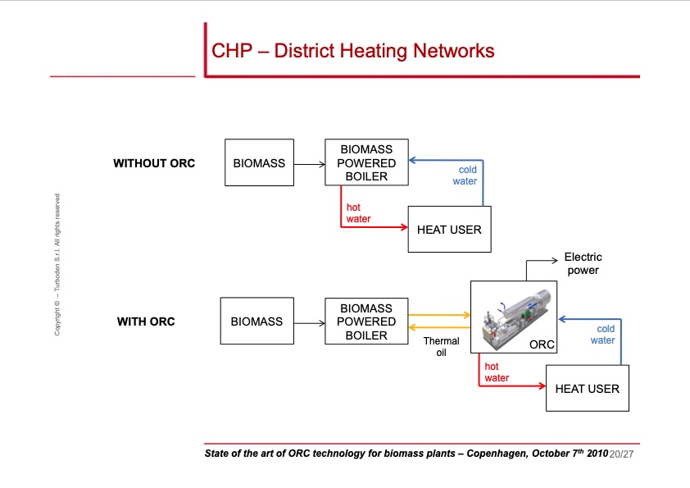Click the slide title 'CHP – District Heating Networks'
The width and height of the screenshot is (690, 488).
(352, 51)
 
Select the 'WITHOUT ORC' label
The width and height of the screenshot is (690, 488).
(154, 163)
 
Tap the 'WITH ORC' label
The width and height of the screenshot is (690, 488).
(146, 322)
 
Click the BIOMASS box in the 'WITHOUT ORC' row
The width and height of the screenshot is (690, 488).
(259, 163)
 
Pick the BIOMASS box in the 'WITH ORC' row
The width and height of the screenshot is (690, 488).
(256, 322)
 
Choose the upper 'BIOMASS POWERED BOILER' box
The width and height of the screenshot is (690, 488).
(366, 162)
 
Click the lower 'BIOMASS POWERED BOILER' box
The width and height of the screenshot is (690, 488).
(366, 322)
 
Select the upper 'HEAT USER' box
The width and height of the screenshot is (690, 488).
(449, 230)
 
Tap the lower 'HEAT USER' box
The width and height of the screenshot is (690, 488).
(587, 388)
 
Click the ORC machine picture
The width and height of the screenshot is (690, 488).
(514, 317)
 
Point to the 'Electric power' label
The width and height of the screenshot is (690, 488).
(583, 264)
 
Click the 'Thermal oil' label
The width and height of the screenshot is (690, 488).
(441, 346)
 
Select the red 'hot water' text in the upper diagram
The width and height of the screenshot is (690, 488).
(358, 213)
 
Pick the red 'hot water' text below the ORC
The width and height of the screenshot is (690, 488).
(497, 372)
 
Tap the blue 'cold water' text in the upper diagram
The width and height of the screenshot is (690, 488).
(465, 176)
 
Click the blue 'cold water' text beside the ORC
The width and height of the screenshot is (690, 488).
(603, 335)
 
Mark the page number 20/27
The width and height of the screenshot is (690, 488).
(623, 454)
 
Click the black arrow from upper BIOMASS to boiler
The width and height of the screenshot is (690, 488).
(309, 164)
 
